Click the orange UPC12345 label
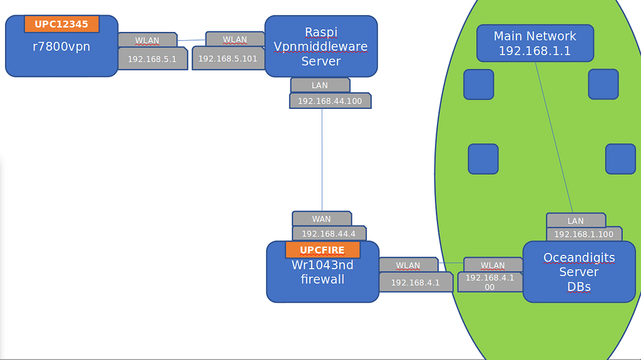tap(61, 24)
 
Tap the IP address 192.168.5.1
tap(152, 59)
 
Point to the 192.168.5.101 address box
tap(228, 58)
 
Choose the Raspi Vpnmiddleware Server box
tap(320, 46)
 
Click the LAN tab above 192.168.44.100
tap(319, 85)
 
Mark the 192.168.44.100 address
tap(329, 101)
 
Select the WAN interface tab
tap(321, 219)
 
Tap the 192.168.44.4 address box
tap(329, 234)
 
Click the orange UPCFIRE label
tap(322, 250)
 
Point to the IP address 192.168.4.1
tap(415, 282)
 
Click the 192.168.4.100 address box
tap(490, 282)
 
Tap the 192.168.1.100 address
tap(583, 234)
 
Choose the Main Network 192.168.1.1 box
tap(535, 43)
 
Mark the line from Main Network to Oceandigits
tap(554, 138)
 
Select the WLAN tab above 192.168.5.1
tap(147, 40)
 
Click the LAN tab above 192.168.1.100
tap(575, 220)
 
